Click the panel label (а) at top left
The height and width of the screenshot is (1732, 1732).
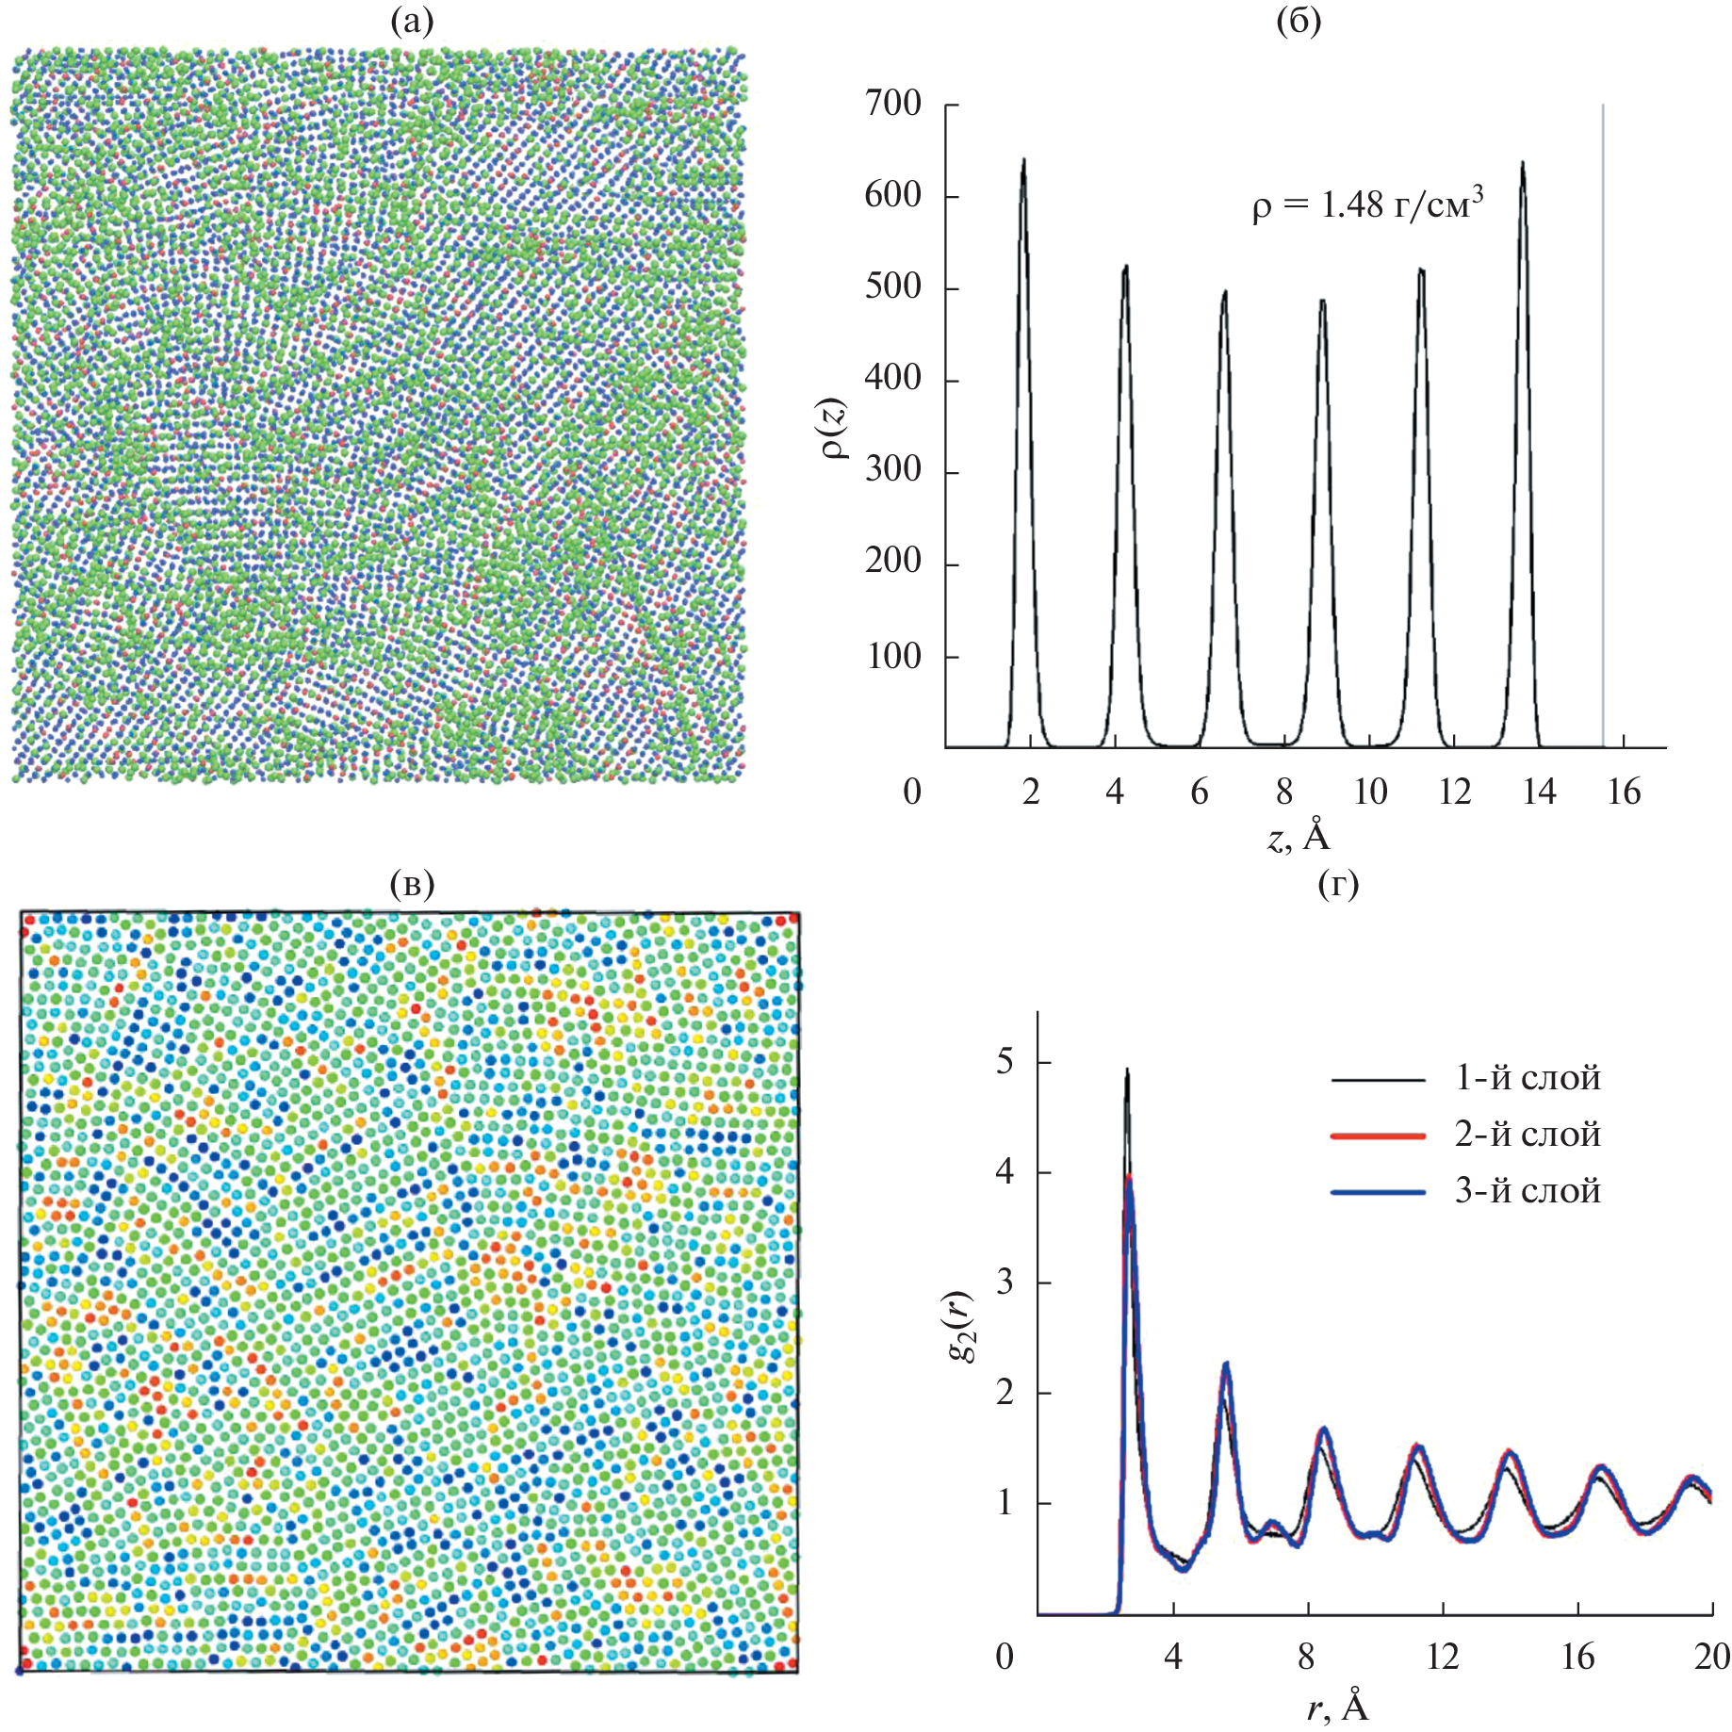coord(412,21)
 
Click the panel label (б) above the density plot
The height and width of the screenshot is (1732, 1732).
coord(1298,21)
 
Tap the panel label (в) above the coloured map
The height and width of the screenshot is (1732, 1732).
coord(412,883)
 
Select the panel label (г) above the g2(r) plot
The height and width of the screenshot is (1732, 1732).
coord(1338,883)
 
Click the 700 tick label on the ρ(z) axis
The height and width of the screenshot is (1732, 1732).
coord(893,104)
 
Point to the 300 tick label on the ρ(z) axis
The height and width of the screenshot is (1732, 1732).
coord(893,469)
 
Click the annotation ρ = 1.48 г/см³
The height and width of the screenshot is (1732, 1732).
coord(1367,204)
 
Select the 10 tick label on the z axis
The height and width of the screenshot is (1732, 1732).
coord(1370,792)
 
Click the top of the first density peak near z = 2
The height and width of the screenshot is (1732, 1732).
coord(1023,159)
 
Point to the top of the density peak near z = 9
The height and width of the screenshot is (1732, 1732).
coord(1323,301)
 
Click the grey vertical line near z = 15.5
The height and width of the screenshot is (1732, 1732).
coord(1603,424)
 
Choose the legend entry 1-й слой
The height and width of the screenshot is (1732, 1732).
coord(1527,1078)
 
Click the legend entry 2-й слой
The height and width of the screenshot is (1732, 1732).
coord(1527,1135)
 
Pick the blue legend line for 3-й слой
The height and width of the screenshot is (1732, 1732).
coord(1378,1192)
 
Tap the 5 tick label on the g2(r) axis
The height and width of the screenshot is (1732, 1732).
coord(1005,1062)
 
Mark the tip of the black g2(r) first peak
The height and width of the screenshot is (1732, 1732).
coord(1127,1070)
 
